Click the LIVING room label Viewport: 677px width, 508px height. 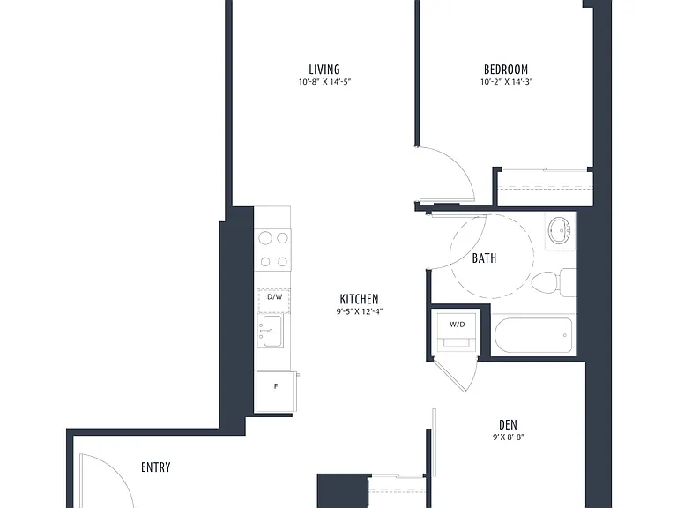tap(324, 70)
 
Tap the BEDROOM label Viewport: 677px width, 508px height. tap(506, 70)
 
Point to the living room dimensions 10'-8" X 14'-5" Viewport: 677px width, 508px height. tap(324, 82)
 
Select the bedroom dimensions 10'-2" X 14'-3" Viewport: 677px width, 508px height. tap(507, 82)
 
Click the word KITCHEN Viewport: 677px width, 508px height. tap(360, 299)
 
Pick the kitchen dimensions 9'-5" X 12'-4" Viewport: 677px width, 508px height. tap(360, 311)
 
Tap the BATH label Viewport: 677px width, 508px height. tap(484, 258)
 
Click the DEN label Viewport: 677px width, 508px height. tap(508, 424)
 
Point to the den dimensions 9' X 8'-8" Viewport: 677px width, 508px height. tap(508, 437)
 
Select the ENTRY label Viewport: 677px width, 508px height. tap(156, 467)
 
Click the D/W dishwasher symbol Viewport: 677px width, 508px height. tap(274, 300)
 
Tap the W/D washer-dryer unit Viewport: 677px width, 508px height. tap(458, 330)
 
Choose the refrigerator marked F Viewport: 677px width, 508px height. tap(276, 392)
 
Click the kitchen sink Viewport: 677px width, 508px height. tap(272, 331)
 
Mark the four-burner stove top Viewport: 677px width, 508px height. tap(273, 250)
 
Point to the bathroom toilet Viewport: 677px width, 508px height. tap(553, 282)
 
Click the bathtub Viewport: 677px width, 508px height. tap(533, 336)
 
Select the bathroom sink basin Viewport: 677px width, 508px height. tap(559, 230)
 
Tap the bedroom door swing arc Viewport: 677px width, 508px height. tap(457, 162)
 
